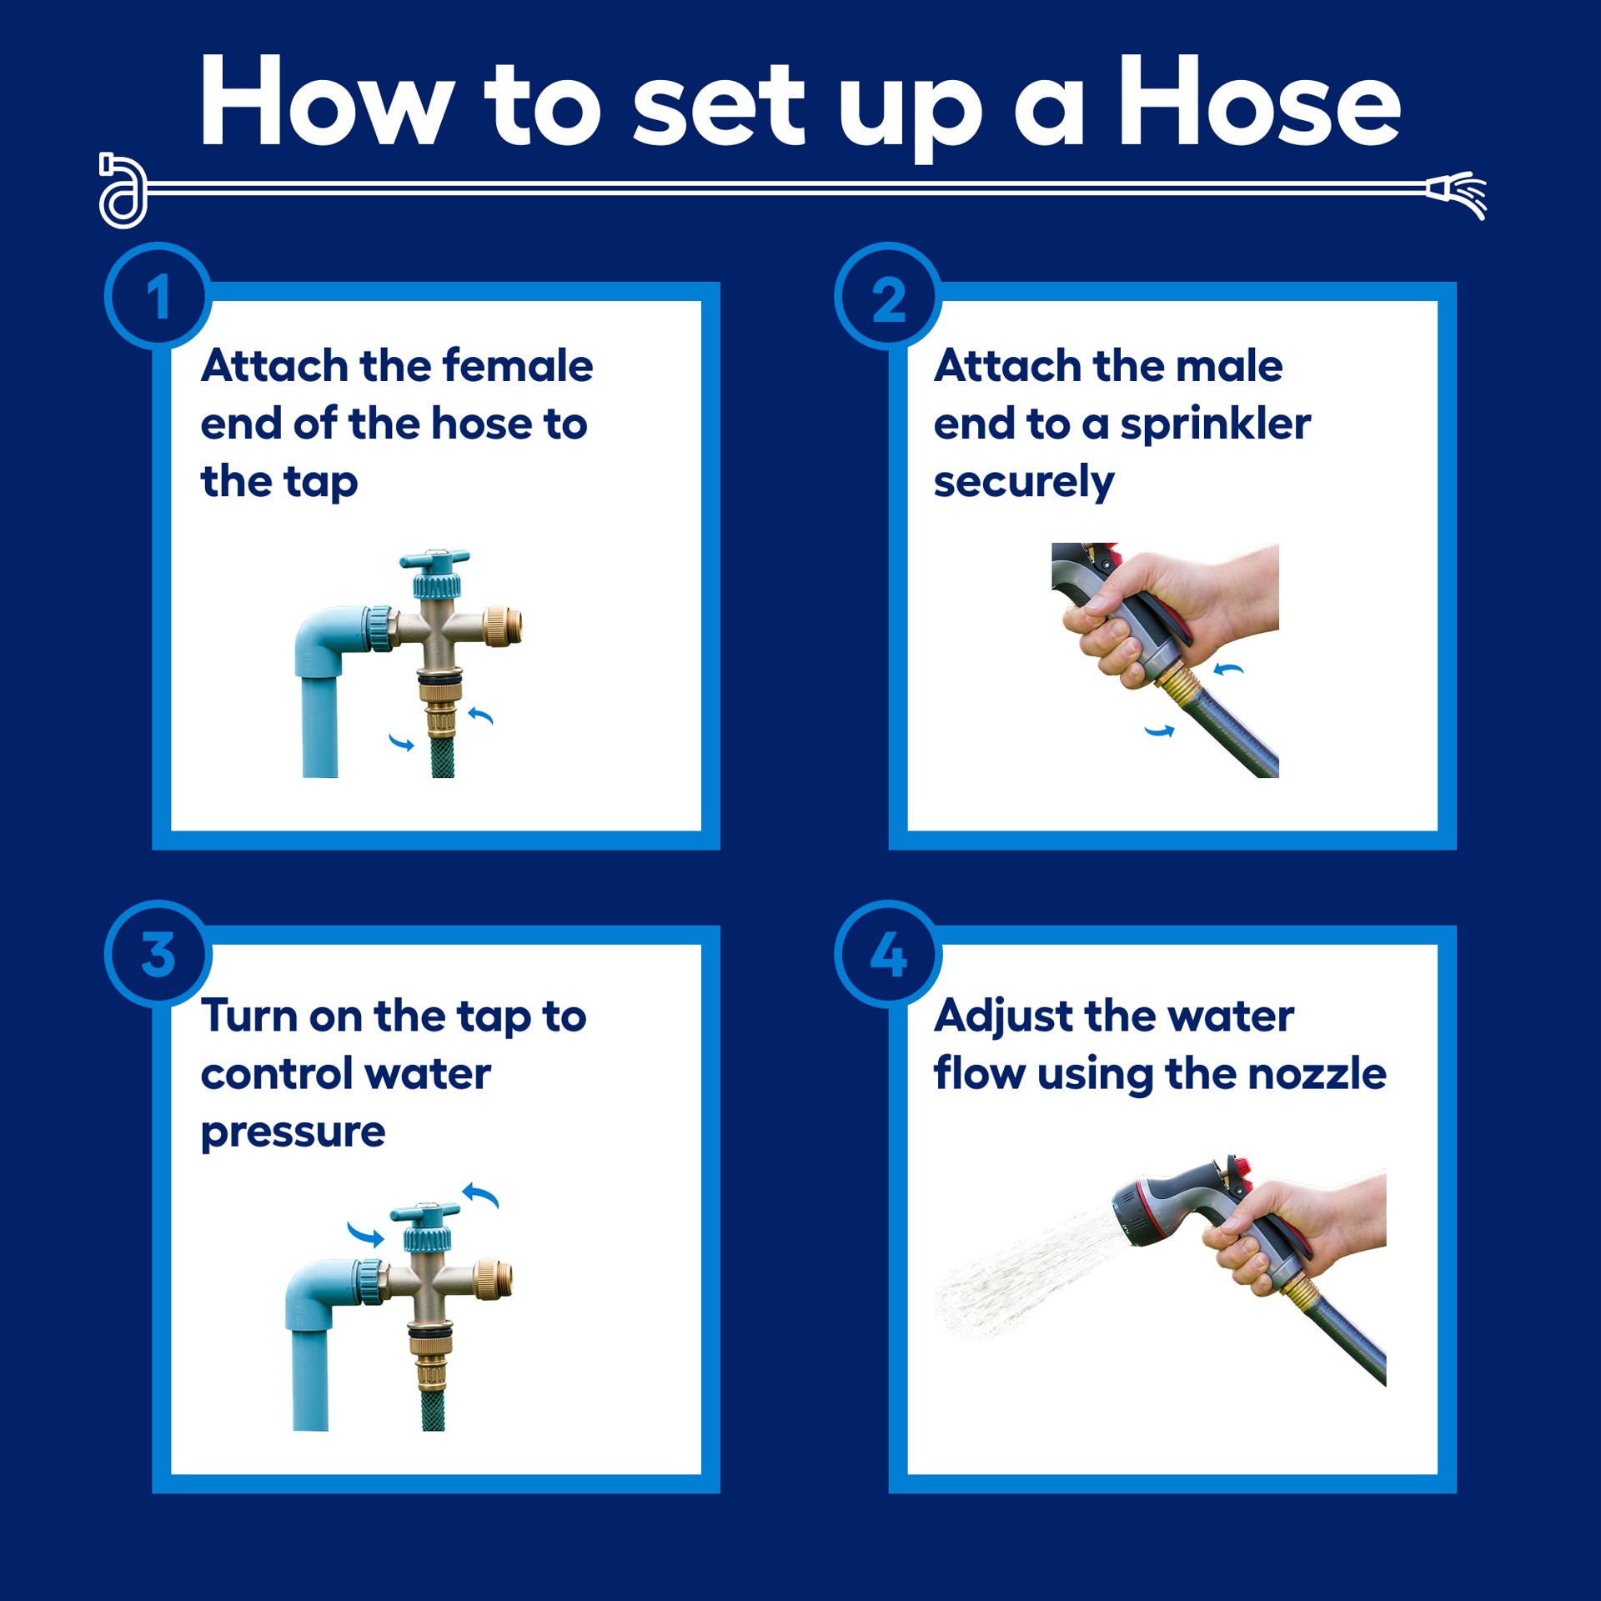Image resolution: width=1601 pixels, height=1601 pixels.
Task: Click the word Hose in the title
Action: click(x=1259, y=102)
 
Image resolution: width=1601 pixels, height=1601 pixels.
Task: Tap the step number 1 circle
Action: click(x=158, y=296)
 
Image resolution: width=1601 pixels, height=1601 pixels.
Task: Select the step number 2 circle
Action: click(x=888, y=296)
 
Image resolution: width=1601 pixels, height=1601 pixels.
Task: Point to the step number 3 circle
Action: click(x=158, y=954)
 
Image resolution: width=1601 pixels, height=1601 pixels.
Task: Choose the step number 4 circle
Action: click(x=888, y=954)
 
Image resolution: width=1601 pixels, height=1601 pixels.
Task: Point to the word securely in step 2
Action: click(x=1023, y=484)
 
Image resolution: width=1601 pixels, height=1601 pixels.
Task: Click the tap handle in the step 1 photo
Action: click(x=434, y=560)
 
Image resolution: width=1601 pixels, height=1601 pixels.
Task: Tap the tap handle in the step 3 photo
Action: click(x=425, y=1214)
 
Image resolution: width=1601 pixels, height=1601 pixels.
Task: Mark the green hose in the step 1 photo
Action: click(x=443, y=755)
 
